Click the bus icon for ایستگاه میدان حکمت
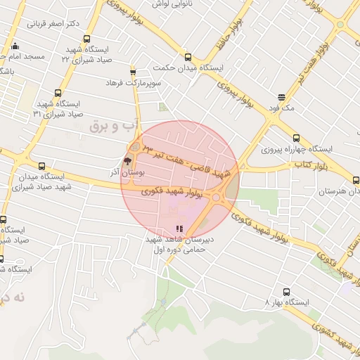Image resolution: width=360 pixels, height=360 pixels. coord(187,57)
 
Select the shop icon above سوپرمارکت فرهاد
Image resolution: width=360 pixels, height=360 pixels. coord(133,71)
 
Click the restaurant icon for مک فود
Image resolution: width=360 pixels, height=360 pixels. coord(282,97)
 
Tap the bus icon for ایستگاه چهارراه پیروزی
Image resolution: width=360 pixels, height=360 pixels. coord(295,138)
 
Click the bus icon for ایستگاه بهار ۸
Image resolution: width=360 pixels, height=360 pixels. coord(285,291)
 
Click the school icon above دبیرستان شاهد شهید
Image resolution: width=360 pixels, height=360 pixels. coord(179,229)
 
